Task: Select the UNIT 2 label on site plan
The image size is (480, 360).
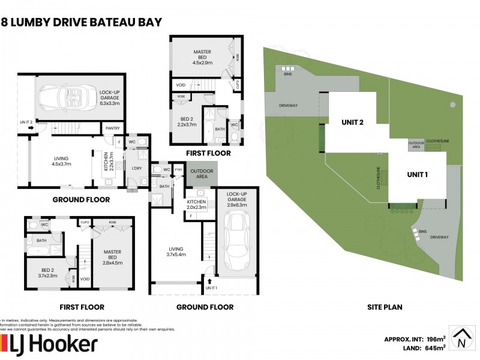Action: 353,122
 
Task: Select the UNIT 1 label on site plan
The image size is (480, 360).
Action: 417,175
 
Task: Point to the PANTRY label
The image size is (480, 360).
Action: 112,127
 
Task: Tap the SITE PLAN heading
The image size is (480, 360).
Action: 385,307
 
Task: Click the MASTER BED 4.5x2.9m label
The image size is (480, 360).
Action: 202,58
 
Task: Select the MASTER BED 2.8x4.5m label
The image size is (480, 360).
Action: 112,256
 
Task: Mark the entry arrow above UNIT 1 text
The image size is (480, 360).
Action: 210,280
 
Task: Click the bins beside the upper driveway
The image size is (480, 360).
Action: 287,68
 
